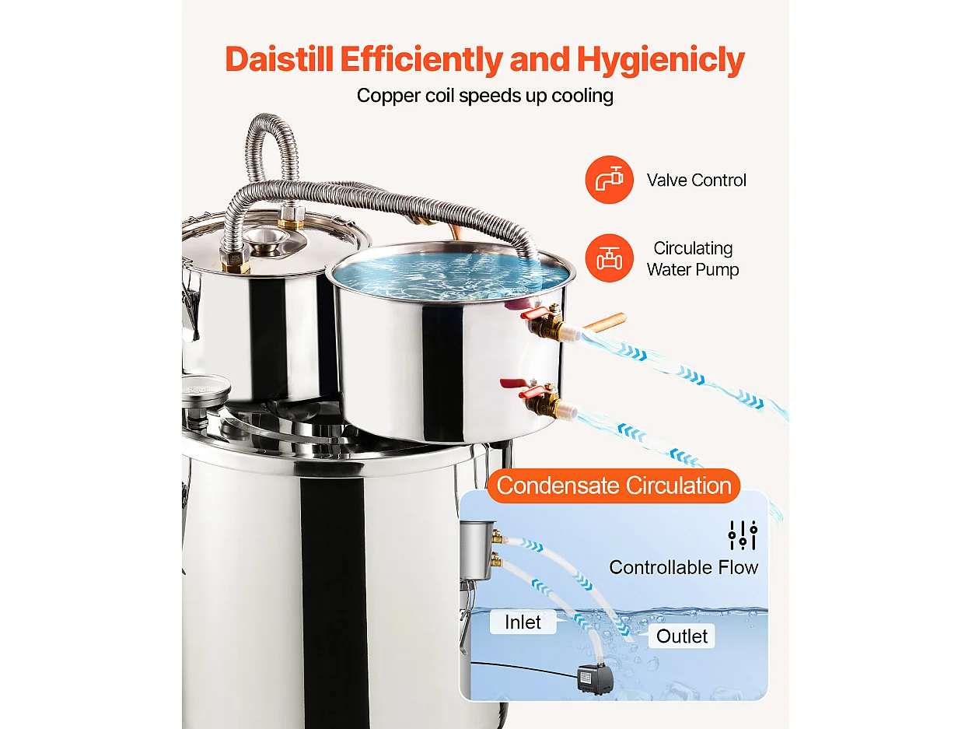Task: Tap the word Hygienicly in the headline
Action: tap(661, 59)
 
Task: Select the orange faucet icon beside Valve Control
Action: tap(609, 180)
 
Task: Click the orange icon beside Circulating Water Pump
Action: tap(609, 258)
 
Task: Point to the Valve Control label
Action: tap(696, 180)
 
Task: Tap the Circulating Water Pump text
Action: tap(693, 259)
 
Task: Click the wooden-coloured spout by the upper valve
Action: tap(605, 321)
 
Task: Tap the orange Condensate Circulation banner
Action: tap(614, 485)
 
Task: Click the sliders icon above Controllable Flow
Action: tap(743, 535)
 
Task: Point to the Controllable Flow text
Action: tap(684, 567)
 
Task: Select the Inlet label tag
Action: tap(523, 622)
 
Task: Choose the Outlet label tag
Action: tap(682, 636)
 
